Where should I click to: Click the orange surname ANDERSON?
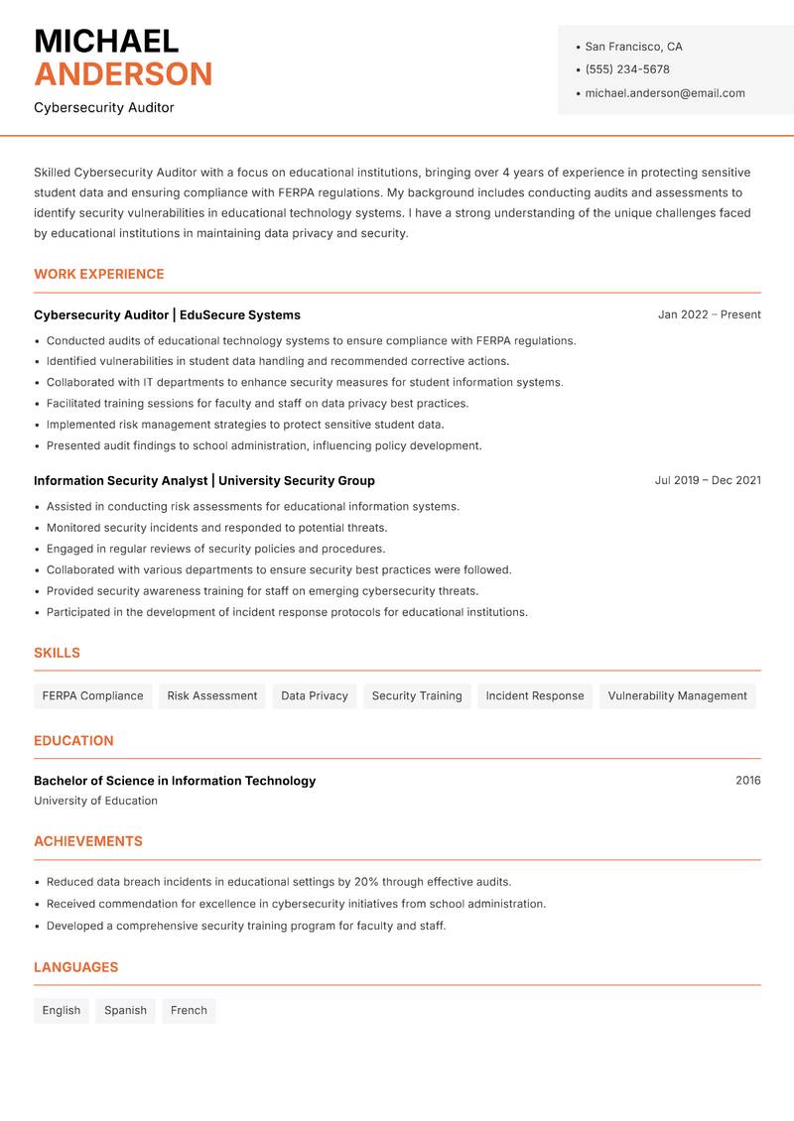(123, 74)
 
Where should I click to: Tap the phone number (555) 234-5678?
(627, 69)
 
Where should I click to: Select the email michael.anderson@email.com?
(665, 93)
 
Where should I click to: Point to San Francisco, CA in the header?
(633, 47)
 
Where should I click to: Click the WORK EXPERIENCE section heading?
(99, 274)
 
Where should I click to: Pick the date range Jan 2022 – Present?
(710, 314)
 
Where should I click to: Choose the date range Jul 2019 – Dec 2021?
(708, 480)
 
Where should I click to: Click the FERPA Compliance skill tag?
(92, 696)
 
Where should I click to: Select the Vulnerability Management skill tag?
(677, 696)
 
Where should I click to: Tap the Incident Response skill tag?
(535, 696)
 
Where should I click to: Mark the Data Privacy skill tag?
(315, 696)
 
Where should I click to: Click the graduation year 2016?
(748, 781)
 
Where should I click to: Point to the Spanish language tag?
(125, 1011)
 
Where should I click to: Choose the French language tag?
(189, 1011)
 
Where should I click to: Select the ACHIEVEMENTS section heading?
(88, 841)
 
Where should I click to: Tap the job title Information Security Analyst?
(120, 481)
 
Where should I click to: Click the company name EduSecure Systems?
(240, 315)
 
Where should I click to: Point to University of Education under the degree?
(95, 801)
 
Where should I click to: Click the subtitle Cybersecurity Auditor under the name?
(104, 107)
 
